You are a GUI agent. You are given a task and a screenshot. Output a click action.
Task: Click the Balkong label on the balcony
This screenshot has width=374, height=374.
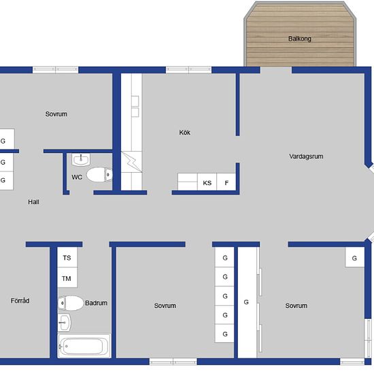300,39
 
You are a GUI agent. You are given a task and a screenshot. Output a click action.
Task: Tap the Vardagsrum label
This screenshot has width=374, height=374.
306,156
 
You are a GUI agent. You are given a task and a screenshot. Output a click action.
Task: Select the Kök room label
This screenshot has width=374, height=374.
184,133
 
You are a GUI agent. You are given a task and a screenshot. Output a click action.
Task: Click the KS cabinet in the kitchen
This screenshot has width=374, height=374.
207,182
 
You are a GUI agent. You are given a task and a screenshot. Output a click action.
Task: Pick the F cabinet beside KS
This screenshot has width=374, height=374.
226,182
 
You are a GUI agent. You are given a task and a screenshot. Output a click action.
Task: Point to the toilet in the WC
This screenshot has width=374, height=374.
99,175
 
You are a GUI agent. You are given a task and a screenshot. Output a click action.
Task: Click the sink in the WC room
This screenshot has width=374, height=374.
81,160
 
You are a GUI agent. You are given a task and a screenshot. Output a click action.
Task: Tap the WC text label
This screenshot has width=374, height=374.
77,177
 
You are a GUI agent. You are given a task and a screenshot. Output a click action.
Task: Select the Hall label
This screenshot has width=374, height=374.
33,202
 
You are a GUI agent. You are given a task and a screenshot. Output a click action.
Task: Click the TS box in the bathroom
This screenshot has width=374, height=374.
67,257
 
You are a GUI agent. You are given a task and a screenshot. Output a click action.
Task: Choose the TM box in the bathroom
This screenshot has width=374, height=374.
67,277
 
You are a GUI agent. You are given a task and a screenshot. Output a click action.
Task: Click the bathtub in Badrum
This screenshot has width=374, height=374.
84,346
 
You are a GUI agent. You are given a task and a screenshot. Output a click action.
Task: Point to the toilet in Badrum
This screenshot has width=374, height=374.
71,303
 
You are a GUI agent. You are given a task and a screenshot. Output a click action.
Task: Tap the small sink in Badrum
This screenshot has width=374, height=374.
64,322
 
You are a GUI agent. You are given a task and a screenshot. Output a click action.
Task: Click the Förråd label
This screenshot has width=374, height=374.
20,301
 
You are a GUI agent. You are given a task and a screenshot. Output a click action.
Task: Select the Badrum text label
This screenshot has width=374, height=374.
96,303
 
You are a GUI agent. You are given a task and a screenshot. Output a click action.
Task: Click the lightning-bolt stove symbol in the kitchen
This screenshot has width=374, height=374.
132,162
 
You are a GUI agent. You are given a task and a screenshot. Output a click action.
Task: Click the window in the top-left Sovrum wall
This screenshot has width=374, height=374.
55,70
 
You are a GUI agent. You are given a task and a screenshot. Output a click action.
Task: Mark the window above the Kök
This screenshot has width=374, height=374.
188,70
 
